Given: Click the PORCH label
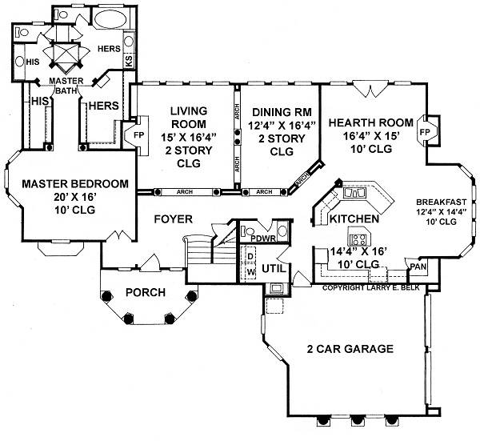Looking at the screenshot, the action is click(x=146, y=292).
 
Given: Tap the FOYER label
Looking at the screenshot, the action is click(x=174, y=219).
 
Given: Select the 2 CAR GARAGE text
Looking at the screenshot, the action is click(x=350, y=349).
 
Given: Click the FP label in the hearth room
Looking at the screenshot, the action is click(x=425, y=132).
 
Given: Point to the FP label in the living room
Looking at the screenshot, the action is click(x=138, y=135).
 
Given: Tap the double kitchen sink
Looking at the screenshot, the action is click(x=354, y=193).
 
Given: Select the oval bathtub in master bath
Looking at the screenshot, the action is click(x=110, y=19).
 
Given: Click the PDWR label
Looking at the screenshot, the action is click(x=263, y=239).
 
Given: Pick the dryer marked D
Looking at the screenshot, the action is click(x=250, y=256).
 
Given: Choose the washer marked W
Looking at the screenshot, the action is click(x=250, y=272).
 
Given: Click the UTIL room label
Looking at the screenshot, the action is click(x=274, y=269).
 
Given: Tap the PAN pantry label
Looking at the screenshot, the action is click(x=418, y=267).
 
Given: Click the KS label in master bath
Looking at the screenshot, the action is click(x=129, y=61).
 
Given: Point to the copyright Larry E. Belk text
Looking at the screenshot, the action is click(x=371, y=288).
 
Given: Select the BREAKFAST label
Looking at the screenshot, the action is click(x=442, y=202).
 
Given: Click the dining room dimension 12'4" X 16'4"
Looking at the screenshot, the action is click(x=282, y=125).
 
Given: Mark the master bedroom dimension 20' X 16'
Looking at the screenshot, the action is click(x=75, y=197).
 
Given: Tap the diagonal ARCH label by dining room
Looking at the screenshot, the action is click(x=302, y=178).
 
